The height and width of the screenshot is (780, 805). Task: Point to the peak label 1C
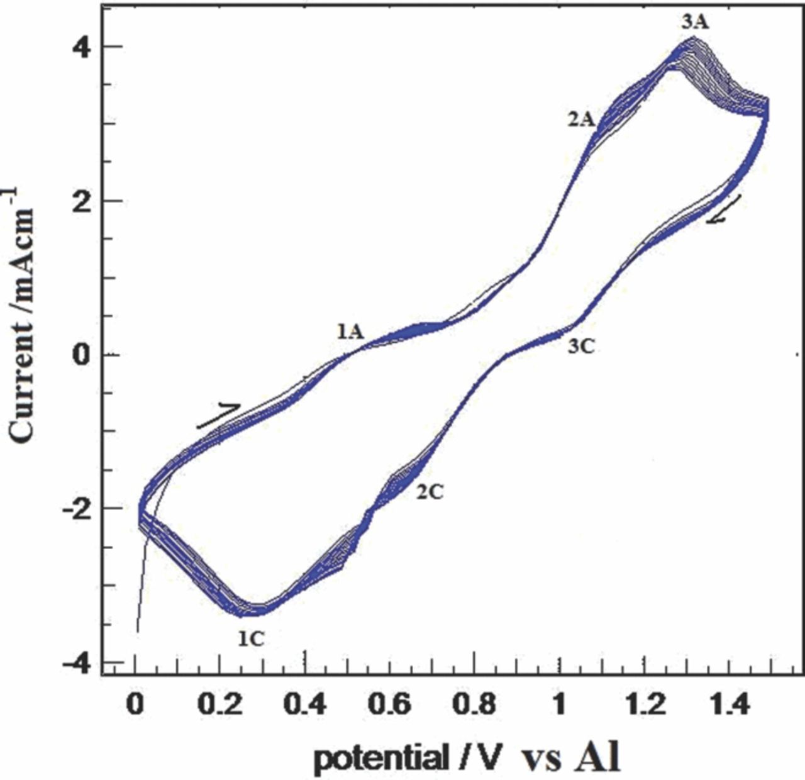click(x=250, y=638)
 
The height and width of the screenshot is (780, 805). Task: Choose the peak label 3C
click(x=580, y=346)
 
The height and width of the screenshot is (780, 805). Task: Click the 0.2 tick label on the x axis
click(x=219, y=705)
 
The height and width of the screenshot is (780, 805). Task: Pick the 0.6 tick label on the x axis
click(x=390, y=705)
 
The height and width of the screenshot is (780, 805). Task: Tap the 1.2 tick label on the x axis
click(x=644, y=705)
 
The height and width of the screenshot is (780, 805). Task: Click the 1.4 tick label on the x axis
click(x=728, y=705)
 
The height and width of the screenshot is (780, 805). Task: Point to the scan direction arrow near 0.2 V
click(x=218, y=415)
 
